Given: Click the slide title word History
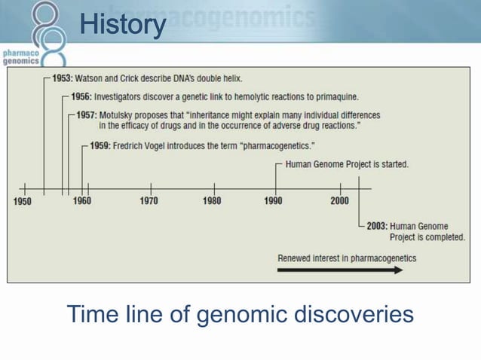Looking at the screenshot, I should [x=123, y=25].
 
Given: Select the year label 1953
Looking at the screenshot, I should [x=62, y=78].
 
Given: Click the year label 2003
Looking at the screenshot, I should [x=376, y=226].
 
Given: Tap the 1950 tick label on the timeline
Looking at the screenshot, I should [x=23, y=201].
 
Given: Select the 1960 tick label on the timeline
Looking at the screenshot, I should [x=81, y=201].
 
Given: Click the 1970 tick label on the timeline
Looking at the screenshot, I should [x=149, y=201].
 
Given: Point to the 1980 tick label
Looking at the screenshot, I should [x=212, y=201].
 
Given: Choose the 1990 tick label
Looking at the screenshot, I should [x=273, y=201].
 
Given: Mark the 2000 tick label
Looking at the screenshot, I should [x=339, y=201].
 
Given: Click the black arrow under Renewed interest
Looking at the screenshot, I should [x=340, y=270].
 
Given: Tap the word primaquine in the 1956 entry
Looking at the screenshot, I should [x=335, y=97].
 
